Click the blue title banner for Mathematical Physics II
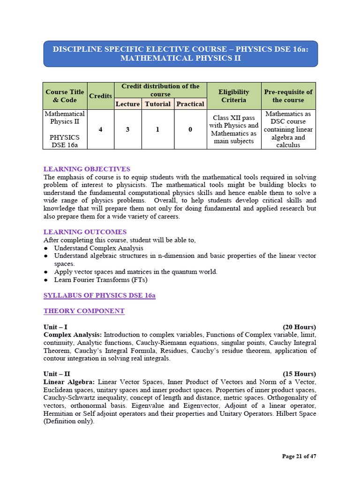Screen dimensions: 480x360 tap(180, 53)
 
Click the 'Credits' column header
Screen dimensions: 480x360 tap(101, 96)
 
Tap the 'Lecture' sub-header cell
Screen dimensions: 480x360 tap(127, 104)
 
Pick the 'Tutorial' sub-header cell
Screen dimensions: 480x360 tap(157, 104)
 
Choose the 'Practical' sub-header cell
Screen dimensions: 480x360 tap(190, 104)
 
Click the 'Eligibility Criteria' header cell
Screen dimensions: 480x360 tap(233, 96)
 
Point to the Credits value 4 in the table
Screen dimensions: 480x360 tap(101, 129)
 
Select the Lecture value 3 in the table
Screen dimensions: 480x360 tap(127, 129)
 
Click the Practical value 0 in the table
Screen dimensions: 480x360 tap(190, 129)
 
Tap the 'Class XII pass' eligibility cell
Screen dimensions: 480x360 tap(233, 129)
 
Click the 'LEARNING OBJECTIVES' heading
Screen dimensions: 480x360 tap(87, 169)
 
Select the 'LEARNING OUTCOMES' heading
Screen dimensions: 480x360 tap(85, 232)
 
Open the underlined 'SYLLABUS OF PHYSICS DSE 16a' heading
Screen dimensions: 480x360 tap(99, 295)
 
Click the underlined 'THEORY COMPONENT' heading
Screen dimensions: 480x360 tap(84, 311)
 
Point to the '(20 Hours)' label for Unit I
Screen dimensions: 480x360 tap(299, 327)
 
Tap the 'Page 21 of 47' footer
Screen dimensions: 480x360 tap(299, 456)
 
